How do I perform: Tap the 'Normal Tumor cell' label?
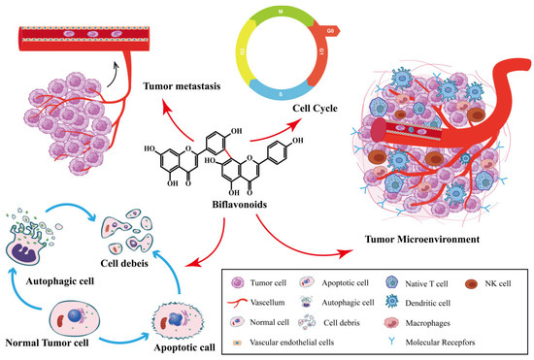[x=49, y=345]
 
